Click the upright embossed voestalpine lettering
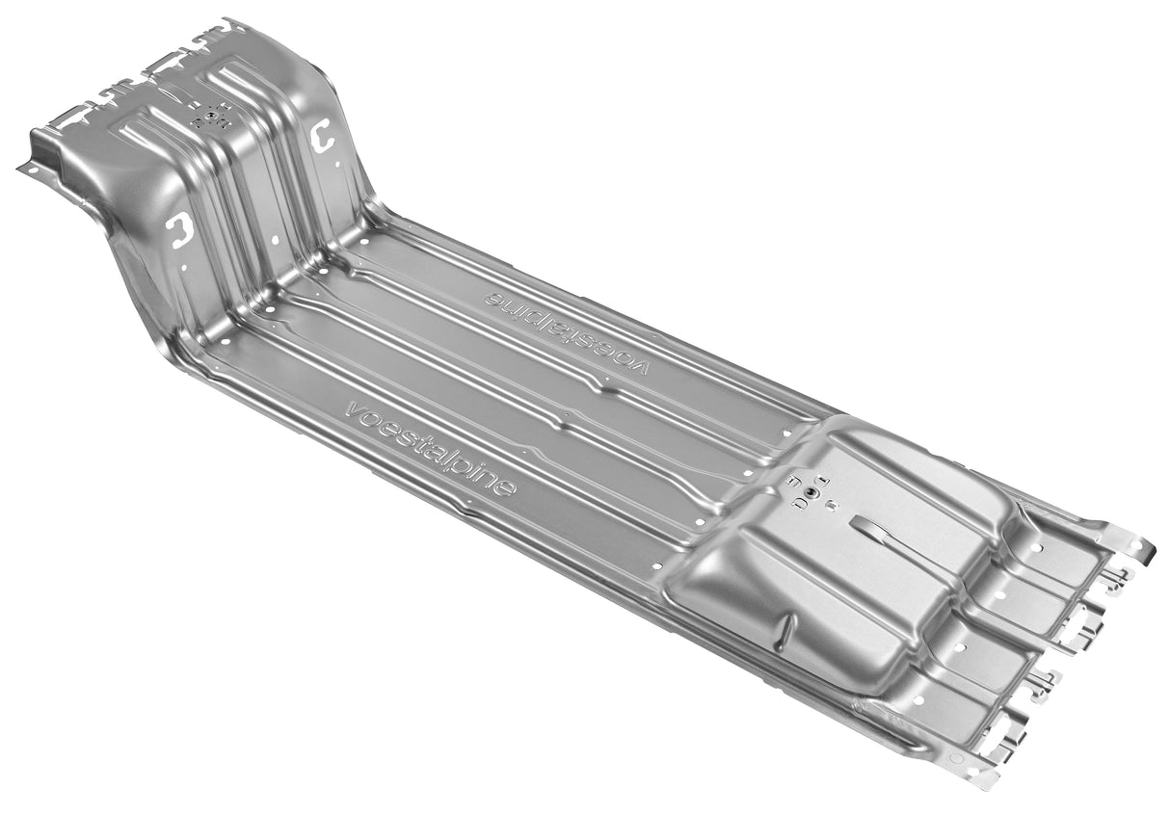[431, 449]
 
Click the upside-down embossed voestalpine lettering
[567, 333]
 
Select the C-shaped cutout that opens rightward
[320, 135]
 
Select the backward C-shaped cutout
[179, 229]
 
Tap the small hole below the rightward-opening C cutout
[337, 165]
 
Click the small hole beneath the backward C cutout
[184, 267]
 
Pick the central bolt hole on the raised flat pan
[811, 491]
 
